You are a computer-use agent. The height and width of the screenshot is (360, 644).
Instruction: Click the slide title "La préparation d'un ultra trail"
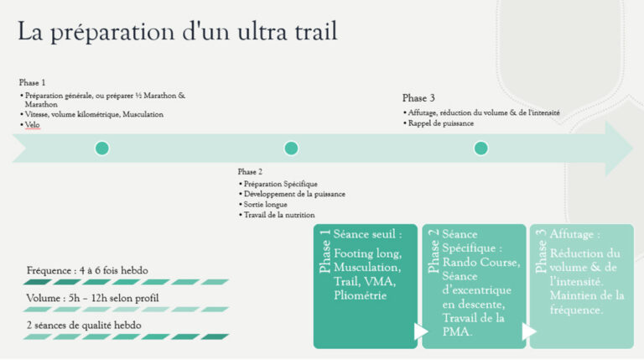click(178, 32)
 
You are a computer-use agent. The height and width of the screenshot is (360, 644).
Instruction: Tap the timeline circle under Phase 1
click(102, 148)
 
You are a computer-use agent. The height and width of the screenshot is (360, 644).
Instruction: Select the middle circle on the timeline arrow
click(291, 148)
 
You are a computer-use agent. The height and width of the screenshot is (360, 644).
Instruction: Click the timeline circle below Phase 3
click(480, 148)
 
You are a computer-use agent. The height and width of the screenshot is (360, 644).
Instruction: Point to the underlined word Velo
click(33, 124)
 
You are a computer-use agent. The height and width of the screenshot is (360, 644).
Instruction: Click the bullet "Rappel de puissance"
click(443, 123)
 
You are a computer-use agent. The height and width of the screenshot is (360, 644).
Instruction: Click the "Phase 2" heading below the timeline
click(251, 171)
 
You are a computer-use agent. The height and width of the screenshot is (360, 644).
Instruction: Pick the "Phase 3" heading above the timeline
click(418, 98)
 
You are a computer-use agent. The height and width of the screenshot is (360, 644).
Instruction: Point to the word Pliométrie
click(360, 295)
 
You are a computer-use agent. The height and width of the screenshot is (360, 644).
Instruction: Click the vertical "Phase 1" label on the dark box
click(325, 253)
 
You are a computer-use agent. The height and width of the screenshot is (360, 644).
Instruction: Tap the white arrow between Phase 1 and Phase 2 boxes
click(421, 332)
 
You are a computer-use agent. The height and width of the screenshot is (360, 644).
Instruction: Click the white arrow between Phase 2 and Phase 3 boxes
click(528, 332)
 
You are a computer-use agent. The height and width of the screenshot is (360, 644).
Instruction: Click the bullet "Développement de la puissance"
click(293, 194)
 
